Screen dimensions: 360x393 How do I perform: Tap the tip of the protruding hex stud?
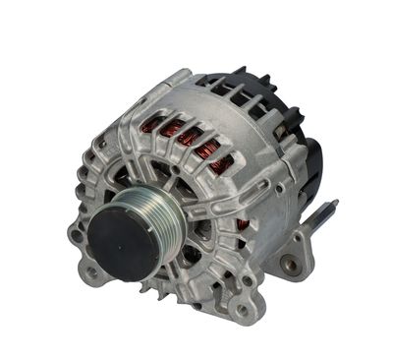coord(333,205)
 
